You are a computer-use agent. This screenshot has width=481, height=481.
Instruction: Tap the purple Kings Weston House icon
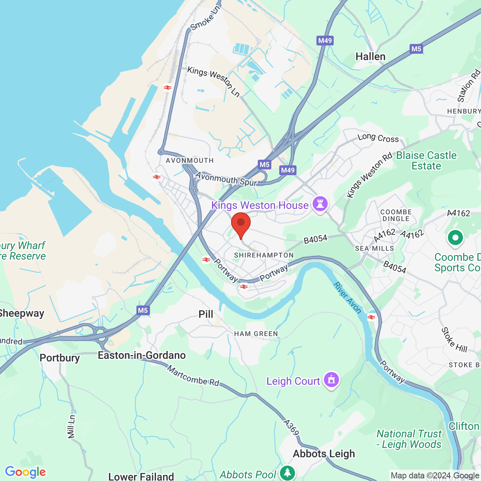coord(320,204)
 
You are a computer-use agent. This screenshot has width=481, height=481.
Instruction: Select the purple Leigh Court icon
coord(331,380)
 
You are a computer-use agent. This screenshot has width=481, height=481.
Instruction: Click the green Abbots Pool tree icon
coord(287,473)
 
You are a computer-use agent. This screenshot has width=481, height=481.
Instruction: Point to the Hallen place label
coord(371,57)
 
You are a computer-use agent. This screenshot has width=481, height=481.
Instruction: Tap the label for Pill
coord(206,314)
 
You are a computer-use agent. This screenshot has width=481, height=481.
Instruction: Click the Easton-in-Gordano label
coord(142,355)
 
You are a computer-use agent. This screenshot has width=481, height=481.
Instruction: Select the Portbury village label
coord(60,358)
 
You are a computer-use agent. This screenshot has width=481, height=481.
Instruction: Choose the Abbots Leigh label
coord(324,454)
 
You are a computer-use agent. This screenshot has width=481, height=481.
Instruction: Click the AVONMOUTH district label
coord(190,160)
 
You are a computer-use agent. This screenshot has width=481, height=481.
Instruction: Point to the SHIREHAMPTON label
coord(264,255)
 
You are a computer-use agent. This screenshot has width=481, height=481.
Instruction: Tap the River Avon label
coord(348,298)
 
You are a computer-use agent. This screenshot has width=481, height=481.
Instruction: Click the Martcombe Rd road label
coord(193,376)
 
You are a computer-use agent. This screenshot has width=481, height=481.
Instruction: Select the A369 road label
coord(291,428)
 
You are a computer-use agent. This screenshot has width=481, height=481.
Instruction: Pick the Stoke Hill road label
coord(454,340)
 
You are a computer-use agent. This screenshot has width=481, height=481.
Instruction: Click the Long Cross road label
coord(378,138)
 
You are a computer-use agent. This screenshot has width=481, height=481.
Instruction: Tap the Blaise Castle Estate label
coord(426,160)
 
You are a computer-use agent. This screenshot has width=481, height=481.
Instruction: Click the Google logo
coord(26,472)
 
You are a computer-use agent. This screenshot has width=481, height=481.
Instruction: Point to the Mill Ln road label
coord(71,426)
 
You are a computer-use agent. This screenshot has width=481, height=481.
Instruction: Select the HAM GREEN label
coord(256,334)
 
